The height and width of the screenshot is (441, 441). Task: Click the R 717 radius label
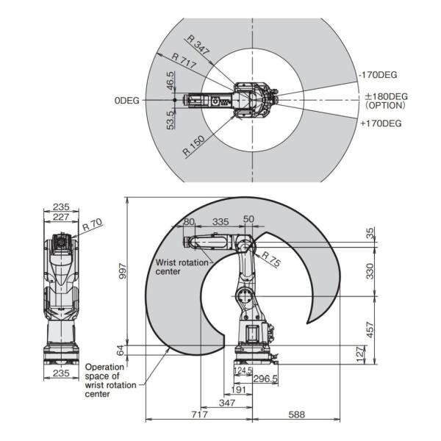point(184,61)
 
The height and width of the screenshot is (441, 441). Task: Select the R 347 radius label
point(198,45)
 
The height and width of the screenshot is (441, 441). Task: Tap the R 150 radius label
point(193,146)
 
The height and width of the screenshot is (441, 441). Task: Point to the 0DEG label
point(127,101)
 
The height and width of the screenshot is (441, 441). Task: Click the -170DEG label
point(379,75)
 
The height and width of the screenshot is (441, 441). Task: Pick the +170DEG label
point(381,123)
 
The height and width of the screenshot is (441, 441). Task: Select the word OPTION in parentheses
point(385,105)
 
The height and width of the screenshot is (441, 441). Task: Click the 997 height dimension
point(123,270)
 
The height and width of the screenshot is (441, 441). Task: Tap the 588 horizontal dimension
point(297,415)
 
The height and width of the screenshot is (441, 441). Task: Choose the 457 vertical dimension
point(370,330)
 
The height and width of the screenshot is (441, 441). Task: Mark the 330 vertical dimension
point(370,271)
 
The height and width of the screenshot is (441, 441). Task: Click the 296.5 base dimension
point(265,379)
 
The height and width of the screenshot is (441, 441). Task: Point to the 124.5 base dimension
point(243,370)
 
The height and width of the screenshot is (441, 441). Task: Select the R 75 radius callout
point(271,259)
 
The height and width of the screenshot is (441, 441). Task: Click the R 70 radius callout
point(93,225)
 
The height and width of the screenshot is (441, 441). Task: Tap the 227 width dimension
point(61,217)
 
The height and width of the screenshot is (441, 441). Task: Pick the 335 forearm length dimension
point(220,222)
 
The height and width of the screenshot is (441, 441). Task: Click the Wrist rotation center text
point(182,267)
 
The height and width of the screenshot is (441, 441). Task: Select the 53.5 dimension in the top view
point(171,120)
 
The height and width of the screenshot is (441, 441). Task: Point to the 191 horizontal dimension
point(238,390)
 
